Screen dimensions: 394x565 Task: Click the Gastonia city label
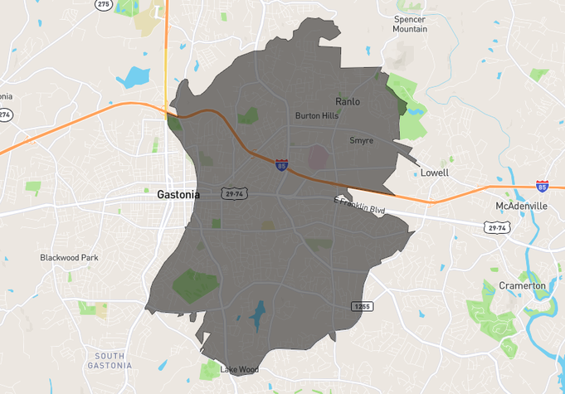click(178, 194)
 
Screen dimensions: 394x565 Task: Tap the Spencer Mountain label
click(410, 23)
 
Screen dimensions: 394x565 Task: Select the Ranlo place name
click(348, 101)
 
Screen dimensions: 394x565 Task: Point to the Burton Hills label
click(317, 116)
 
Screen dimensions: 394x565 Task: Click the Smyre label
click(361, 140)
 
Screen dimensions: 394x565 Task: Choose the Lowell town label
click(434, 173)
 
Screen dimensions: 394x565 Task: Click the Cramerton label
click(522, 285)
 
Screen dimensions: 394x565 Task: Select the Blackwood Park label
click(69, 258)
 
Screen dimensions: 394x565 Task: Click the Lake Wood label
click(239, 369)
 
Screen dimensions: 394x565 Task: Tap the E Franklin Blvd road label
click(359, 206)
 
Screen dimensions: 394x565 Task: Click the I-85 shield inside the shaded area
click(282, 165)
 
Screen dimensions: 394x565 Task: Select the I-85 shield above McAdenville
click(542, 187)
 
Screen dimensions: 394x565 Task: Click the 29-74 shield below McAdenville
click(497, 226)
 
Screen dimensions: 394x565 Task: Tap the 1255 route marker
click(362, 306)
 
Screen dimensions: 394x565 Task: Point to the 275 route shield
click(103, 4)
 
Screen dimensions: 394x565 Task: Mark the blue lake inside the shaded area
click(257, 316)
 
